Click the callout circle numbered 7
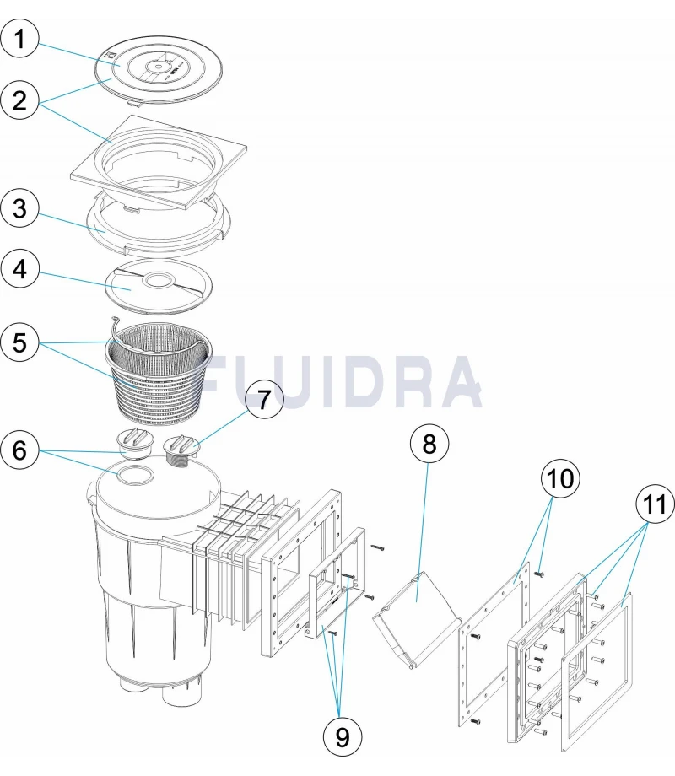266,400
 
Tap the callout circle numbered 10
562,479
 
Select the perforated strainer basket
156,375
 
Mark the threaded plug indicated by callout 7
181,448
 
